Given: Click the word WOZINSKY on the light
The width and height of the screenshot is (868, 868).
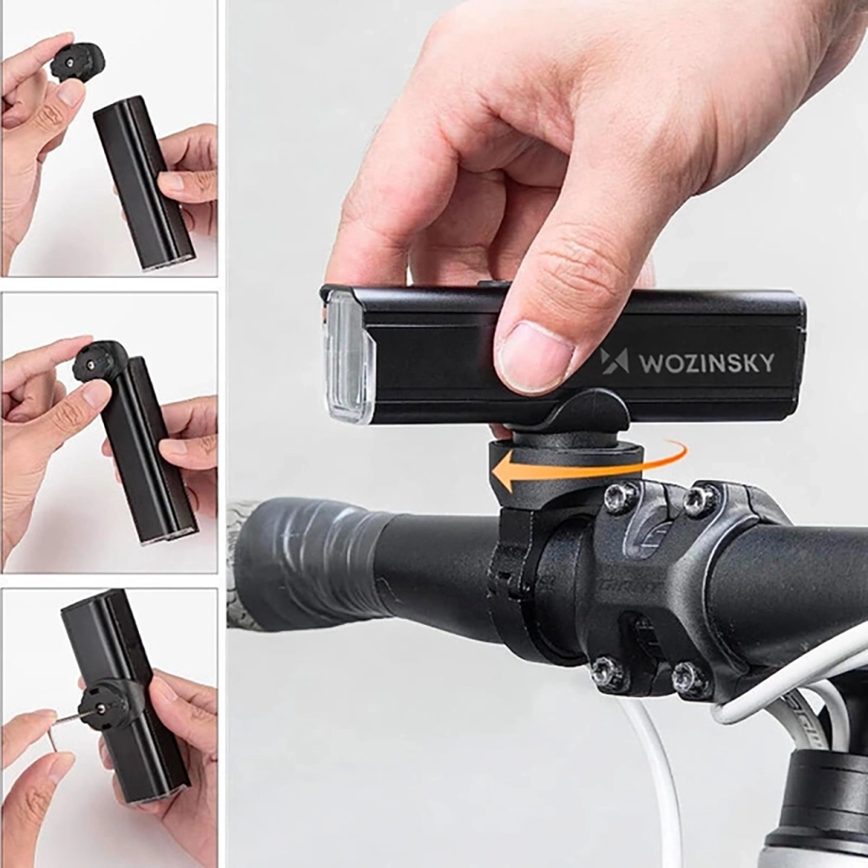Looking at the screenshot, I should tap(707, 363).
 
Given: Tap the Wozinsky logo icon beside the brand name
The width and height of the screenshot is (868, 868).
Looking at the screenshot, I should tap(615, 361).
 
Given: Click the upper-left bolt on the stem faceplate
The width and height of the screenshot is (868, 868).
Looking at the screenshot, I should tap(621, 496).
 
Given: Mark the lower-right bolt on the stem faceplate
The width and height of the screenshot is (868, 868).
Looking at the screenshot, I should tap(691, 679).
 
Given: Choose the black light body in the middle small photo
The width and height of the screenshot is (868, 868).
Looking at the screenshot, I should tap(148, 451).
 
